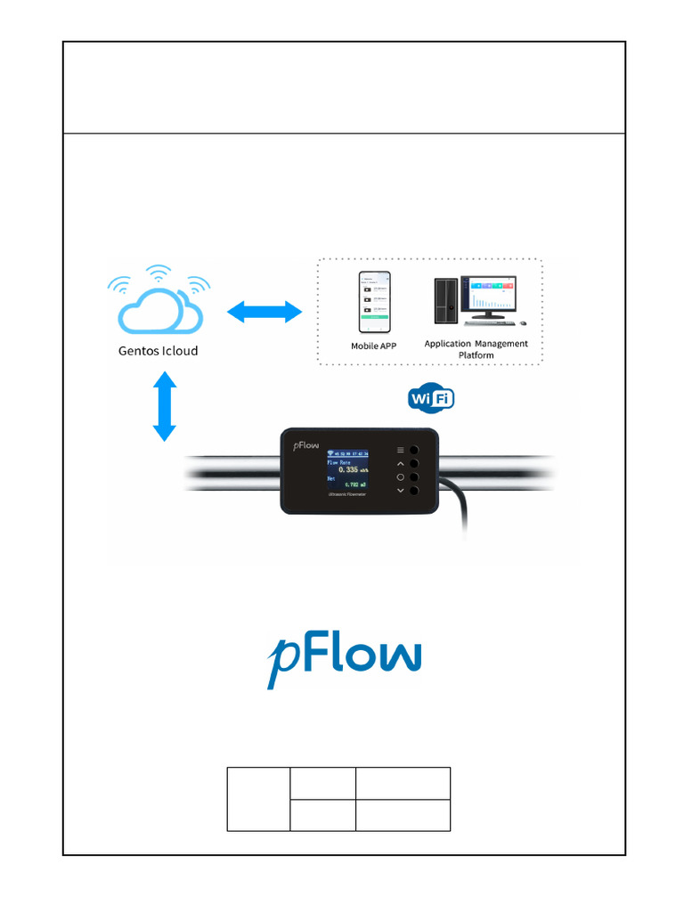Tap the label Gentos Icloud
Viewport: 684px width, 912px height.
click(x=159, y=351)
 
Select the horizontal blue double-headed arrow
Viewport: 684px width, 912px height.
click(x=264, y=312)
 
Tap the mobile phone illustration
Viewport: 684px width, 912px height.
click(x=375, y=302)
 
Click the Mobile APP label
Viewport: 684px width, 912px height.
click(x=374, y=346)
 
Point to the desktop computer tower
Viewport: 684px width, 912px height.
click(x=445, y=301)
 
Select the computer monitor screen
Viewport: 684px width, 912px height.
click(x=493, y=294)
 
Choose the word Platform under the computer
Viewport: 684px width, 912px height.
click(x=476, y=355)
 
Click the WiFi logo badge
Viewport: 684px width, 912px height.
click(x=432, y=399)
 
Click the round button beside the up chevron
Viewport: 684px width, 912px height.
click(x=414, y=464)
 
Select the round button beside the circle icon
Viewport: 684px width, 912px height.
click(x=414, y=477)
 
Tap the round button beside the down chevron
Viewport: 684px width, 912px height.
click(x=414, y=491)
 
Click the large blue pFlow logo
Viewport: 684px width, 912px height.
click(x=344, y=658)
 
